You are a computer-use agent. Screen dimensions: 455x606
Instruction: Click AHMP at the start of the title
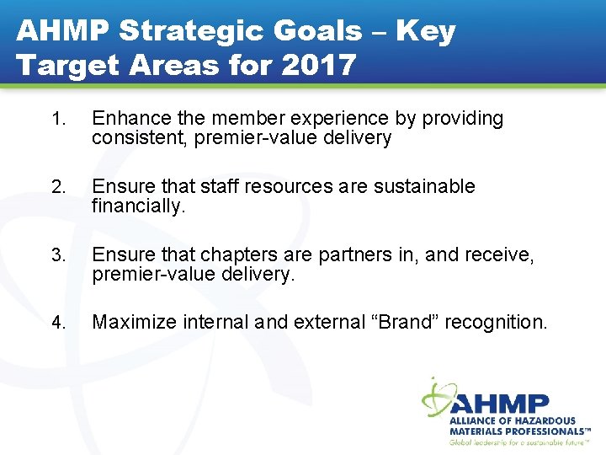click(63, 32)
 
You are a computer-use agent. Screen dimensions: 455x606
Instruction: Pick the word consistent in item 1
click(140, 138)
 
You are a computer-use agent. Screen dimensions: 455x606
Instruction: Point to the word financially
click(137, 206)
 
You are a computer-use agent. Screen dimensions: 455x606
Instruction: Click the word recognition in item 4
click(496, 322)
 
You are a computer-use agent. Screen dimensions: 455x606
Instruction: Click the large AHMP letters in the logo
click(502, 403)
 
